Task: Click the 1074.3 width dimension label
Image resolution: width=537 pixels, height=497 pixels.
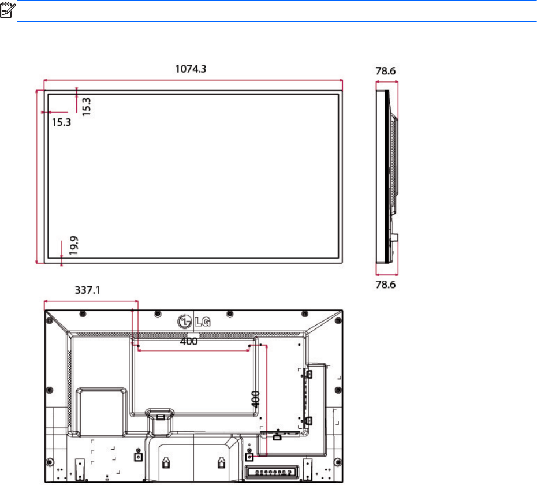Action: tap(191, 69)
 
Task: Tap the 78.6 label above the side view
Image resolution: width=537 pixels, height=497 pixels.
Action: tap(386, 71)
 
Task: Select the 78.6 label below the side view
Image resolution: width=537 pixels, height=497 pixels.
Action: tap(386, 285)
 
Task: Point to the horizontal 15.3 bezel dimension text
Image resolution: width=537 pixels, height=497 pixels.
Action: tap(61, 122)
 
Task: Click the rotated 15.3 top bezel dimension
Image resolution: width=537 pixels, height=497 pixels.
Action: tap(86, 106)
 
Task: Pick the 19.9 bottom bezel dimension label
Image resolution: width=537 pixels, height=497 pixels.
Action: tap(74, 245)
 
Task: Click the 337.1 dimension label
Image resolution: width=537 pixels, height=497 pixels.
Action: tap(87, 290)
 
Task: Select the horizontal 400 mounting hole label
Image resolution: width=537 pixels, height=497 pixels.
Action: tap(189, 342)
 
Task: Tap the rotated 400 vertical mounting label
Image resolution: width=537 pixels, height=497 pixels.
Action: tap(255, 399)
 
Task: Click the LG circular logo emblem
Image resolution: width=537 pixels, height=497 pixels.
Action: tap(185, 322)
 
